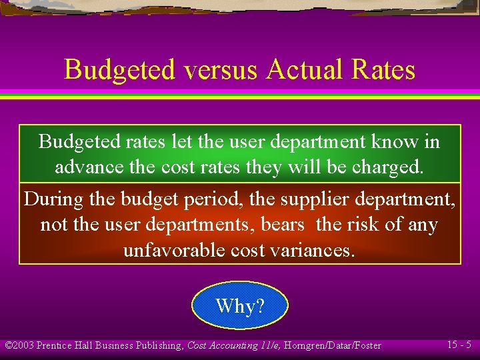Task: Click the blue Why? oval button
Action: (240, 306)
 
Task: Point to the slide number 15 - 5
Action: (459, 345)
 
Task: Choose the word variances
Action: (313, 250)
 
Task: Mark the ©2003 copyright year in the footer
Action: (19, 345)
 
